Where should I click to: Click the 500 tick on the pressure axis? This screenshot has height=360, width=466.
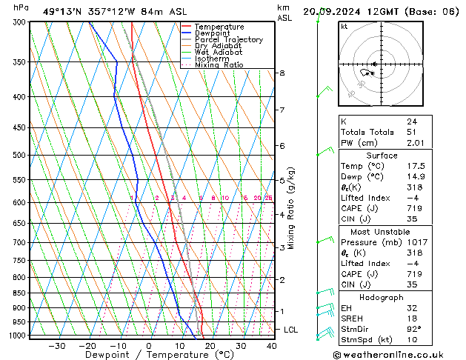click(20, 156)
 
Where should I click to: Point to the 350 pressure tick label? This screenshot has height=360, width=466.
click(20, 62)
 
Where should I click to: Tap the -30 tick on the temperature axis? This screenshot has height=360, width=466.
click(56, 346)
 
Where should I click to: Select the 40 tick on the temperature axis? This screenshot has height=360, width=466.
click(271, 346)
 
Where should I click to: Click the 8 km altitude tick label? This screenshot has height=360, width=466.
click(282, 73)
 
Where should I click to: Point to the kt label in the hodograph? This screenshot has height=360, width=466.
click(344, 27)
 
